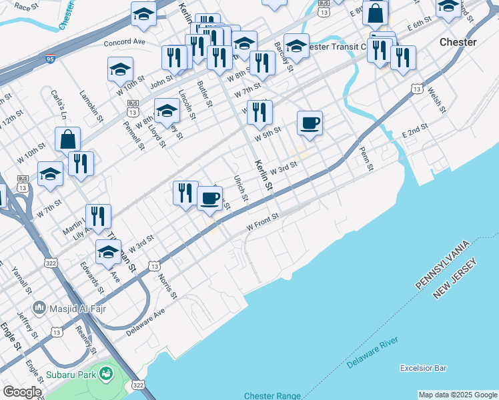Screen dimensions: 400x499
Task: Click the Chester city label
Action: point(458,42)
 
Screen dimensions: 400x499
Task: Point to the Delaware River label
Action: point(372,353)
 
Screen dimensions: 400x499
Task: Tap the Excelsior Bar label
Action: point(423,368)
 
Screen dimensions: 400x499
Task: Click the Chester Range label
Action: point(272,395)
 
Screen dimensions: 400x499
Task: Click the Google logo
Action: point(22,392)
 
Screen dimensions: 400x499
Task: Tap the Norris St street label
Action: point(168,285)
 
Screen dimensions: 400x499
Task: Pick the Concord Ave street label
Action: point(125,42)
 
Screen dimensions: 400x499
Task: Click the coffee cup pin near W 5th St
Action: point(310,123)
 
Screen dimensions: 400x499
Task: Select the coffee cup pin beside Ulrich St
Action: point(210,198)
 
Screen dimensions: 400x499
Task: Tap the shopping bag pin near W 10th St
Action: point(67,139)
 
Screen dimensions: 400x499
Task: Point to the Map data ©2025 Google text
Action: point(457,395)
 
